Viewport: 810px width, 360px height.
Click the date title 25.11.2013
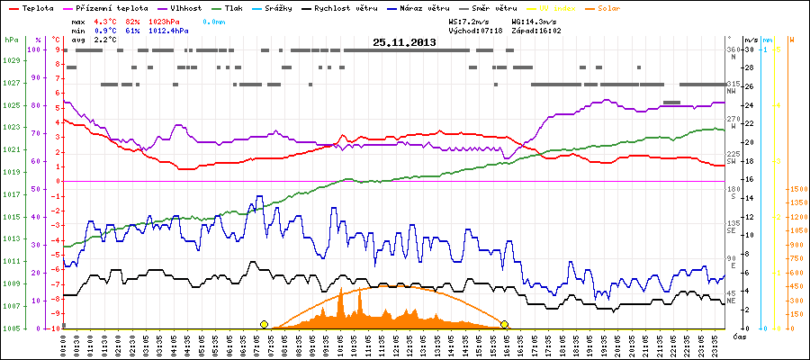click(404, 42)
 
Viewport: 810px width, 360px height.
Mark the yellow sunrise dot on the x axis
click(264, 324)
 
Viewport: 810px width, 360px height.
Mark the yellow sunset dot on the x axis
click(505, 324)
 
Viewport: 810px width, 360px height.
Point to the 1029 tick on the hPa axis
click(11, 60)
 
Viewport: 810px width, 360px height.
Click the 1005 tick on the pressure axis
click(11, 328)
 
